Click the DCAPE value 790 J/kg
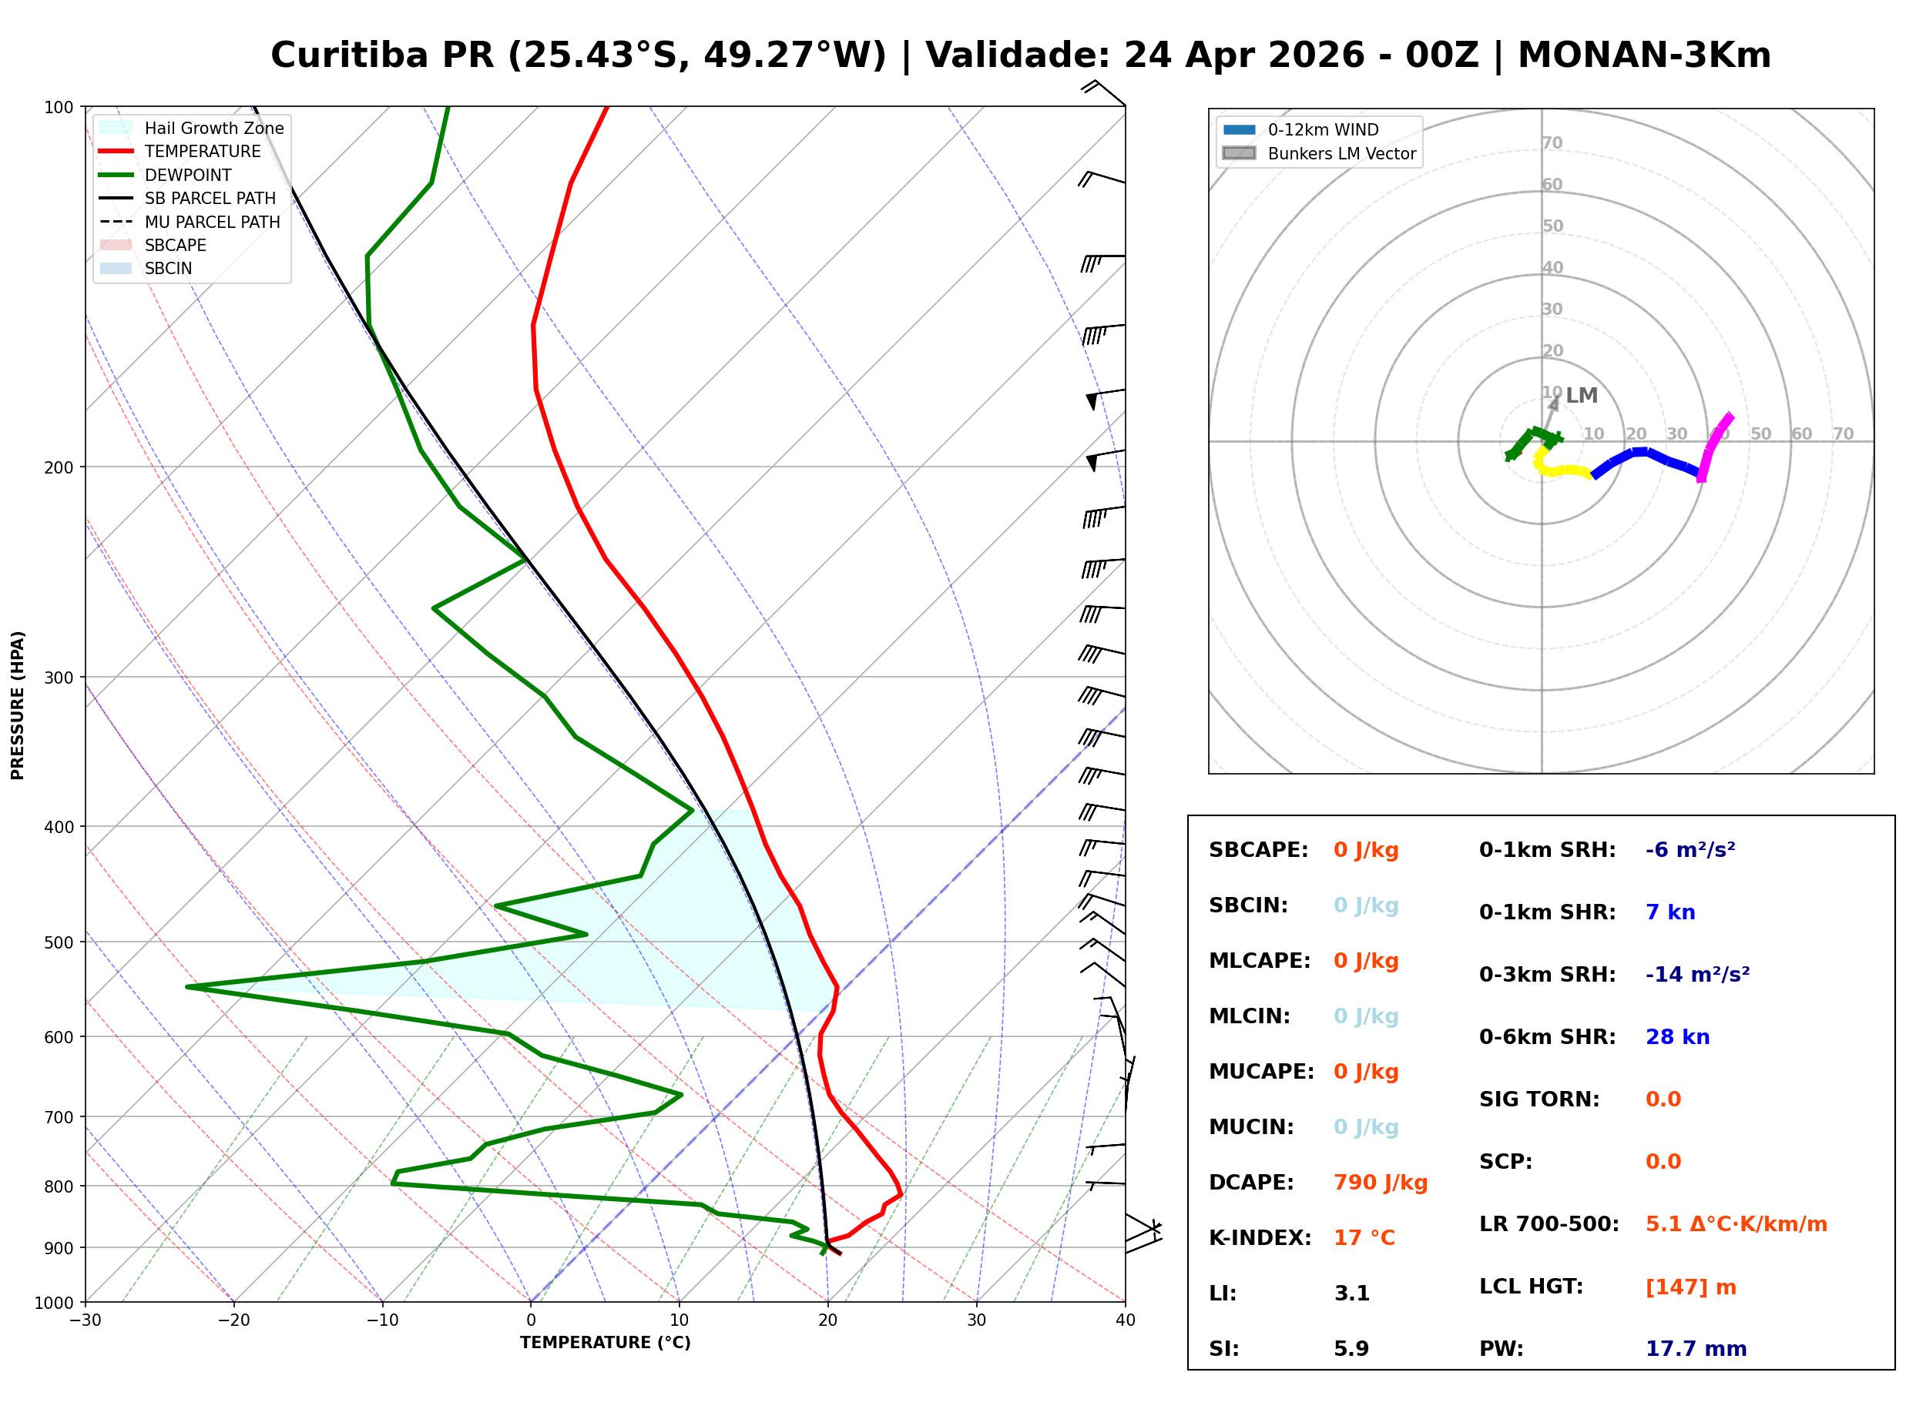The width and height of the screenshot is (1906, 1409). pos(1380,1182)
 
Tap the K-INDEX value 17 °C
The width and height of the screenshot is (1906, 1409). pos(1364,1237)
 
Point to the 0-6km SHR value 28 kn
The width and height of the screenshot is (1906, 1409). pos(1676,1037)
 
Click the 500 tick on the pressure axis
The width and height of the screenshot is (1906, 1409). pos(58,942)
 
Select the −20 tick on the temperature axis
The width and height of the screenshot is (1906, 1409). pos(233,1320)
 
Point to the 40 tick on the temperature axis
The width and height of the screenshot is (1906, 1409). pos(1125,1320)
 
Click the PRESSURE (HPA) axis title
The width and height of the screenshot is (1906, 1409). pos(18,704)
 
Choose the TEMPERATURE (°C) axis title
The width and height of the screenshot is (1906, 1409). pos(605,1343)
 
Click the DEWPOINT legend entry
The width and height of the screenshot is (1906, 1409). pos(188,175)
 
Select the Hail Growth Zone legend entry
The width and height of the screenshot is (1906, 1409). pos(213,128)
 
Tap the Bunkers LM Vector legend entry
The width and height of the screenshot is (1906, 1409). pos(1341,153)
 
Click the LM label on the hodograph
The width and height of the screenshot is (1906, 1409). pos(1581,396)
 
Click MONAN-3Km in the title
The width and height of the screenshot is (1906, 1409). pos(1643,55)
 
